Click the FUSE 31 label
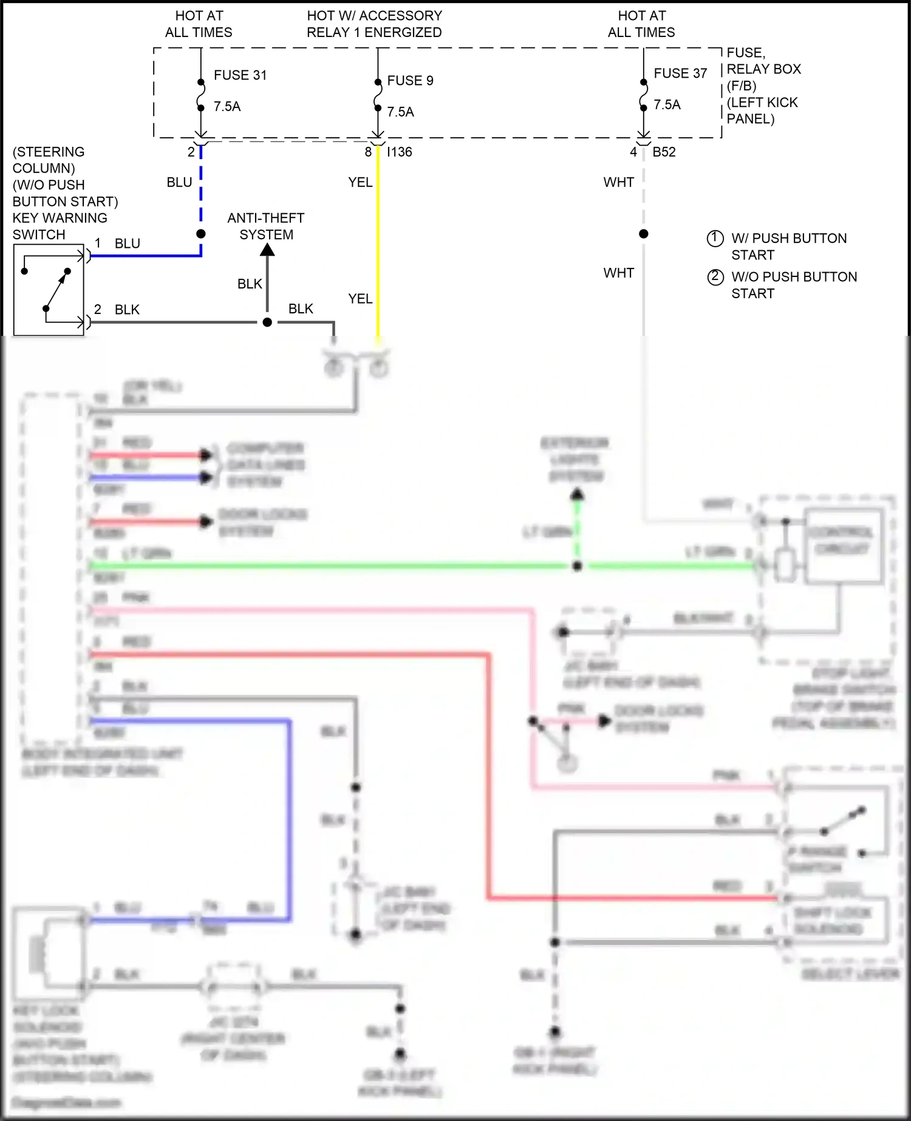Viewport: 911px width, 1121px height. point(240,75)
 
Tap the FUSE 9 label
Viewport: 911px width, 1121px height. point(410,81)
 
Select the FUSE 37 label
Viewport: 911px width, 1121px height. point(680,73)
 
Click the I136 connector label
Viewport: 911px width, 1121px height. point(400,152)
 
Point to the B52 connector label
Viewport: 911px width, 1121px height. point(664,152)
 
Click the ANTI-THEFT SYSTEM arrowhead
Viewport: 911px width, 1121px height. point(267,249)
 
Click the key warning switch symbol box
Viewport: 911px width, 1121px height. point(49,290)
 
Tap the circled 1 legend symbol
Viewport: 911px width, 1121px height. point(715,239)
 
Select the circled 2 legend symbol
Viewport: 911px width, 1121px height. point(715,277)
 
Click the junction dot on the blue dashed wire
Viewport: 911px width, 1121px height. point(201,234)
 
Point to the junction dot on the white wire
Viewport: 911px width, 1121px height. point(644,234)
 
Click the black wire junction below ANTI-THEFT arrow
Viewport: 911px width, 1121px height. point(267,322)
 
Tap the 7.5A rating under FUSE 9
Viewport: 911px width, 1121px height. point(400,112)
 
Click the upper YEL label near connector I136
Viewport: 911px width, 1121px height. point(360,182)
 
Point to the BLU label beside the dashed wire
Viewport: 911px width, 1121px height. point(179,182)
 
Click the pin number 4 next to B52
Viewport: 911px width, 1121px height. point(633,152)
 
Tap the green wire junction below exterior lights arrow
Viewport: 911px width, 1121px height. point(578,566)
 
